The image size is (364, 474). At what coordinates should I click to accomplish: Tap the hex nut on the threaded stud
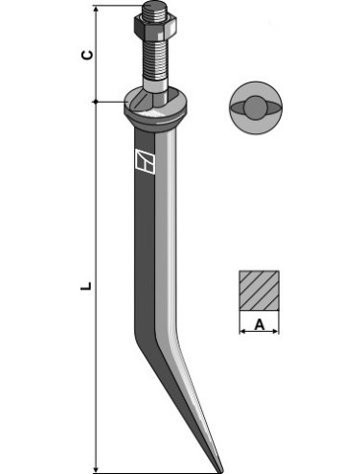pyautogui.click(x=153, y=30)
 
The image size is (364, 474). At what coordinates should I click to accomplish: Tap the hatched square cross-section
pyautogui.click(x=258, y=289)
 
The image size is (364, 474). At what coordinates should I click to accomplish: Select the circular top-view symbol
pyautogui.click(x=257, y=108)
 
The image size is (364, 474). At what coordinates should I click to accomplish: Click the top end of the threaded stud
pyautogui.click(x=153, y=9)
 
